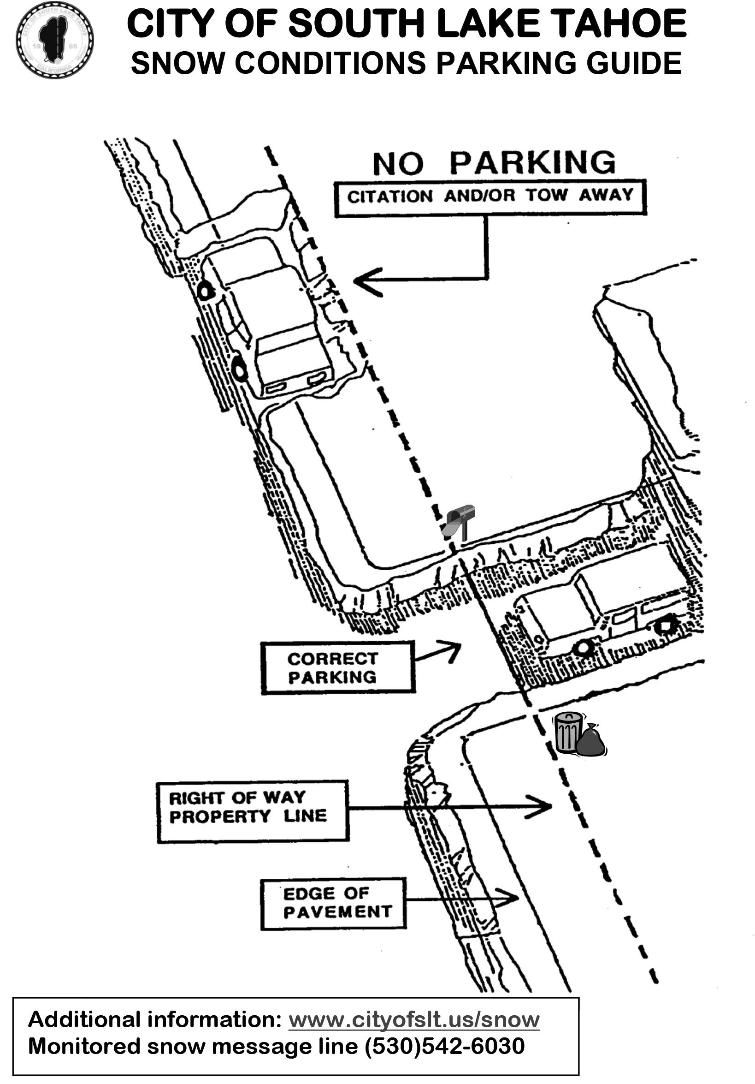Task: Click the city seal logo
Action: (54, 40)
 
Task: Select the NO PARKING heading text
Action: (494, 163)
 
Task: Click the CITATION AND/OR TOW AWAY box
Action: (490, 197)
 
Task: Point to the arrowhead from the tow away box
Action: (361, 281)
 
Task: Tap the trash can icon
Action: (567, 732)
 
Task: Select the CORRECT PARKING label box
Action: (338, 667)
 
